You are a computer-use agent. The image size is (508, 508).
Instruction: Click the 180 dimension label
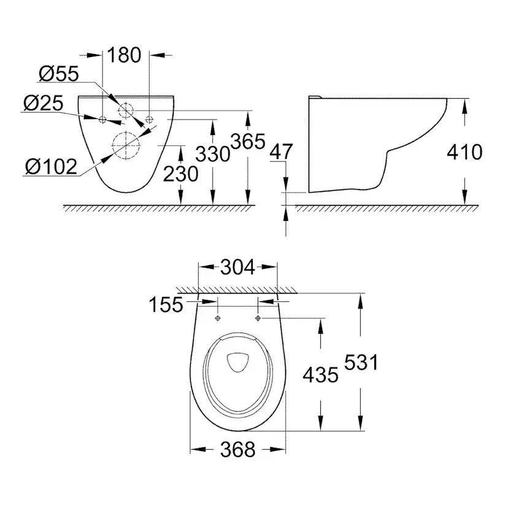point(125,55)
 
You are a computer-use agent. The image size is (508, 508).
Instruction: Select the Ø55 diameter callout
point(59,74)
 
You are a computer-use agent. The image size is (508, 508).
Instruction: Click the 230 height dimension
point(181,174)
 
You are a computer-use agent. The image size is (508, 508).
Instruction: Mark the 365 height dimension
point(247,142)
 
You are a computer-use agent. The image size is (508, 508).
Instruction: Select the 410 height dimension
point(464,152)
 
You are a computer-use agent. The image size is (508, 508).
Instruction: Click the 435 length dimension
point(321,374)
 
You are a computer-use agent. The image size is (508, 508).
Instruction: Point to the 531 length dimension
point(360,363)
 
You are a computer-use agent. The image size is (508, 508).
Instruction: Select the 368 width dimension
point(237,450)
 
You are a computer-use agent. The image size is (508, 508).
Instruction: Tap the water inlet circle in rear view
point(126,110)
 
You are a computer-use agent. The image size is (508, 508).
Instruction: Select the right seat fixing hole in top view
point(258,318)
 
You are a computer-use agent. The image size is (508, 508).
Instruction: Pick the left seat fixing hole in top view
point(218,318)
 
